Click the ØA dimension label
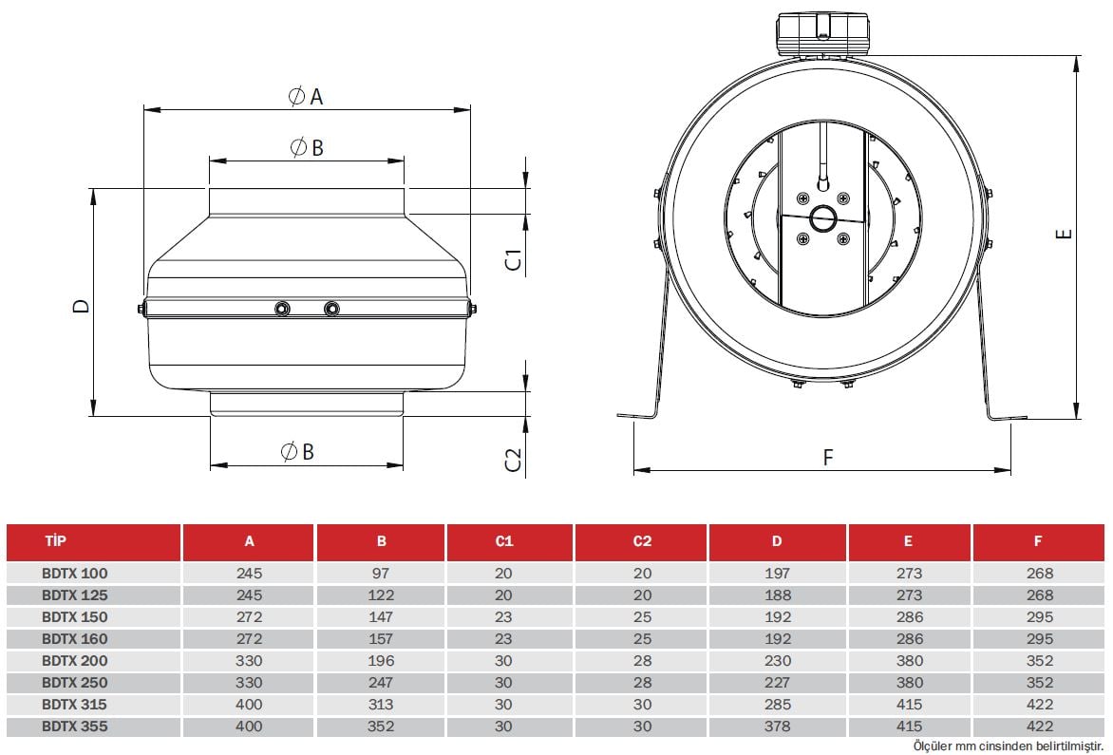[x=306, y=96]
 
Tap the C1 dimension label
[x=513, y=260]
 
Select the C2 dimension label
[x=513, y=460]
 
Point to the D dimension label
[x=83, y=306]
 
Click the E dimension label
[x=1064, y=234]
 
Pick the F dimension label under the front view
[x=828, y=458]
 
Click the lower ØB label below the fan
[x=297, y=452]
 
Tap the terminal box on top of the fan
[x=822, y=33]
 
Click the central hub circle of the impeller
[x=823, y=218]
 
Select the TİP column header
[x=55, y=541]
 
